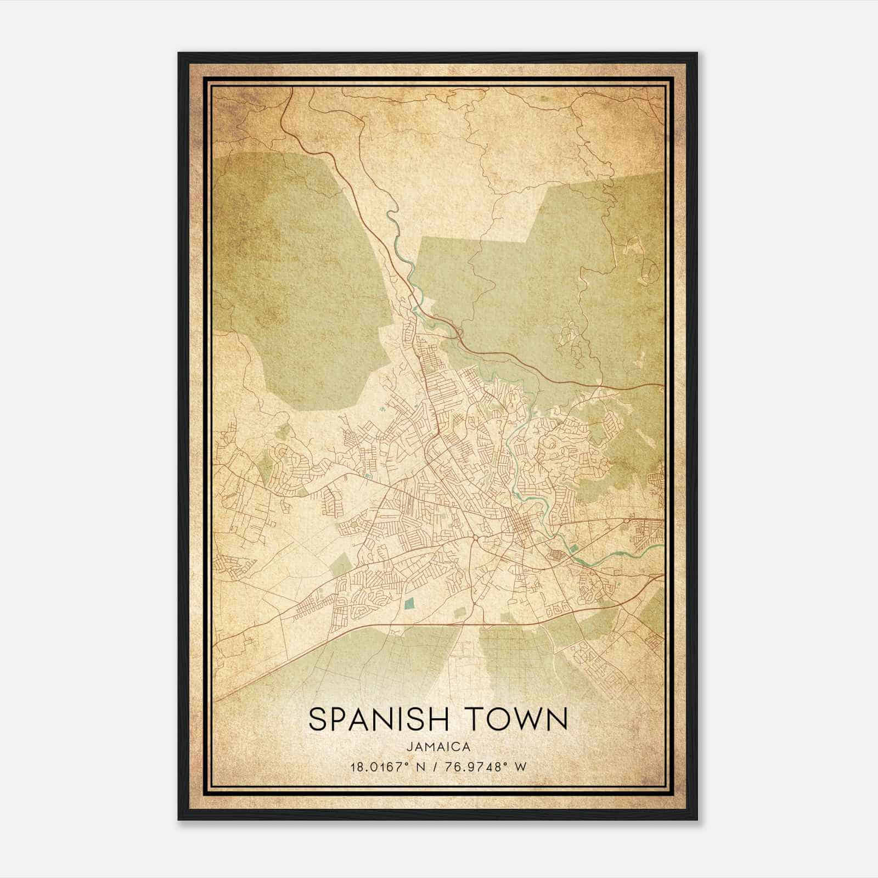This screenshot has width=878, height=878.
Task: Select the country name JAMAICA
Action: [438, 747]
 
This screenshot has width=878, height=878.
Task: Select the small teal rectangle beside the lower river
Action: [573, 548]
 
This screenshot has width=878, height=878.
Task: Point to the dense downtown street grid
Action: [519, 527]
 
